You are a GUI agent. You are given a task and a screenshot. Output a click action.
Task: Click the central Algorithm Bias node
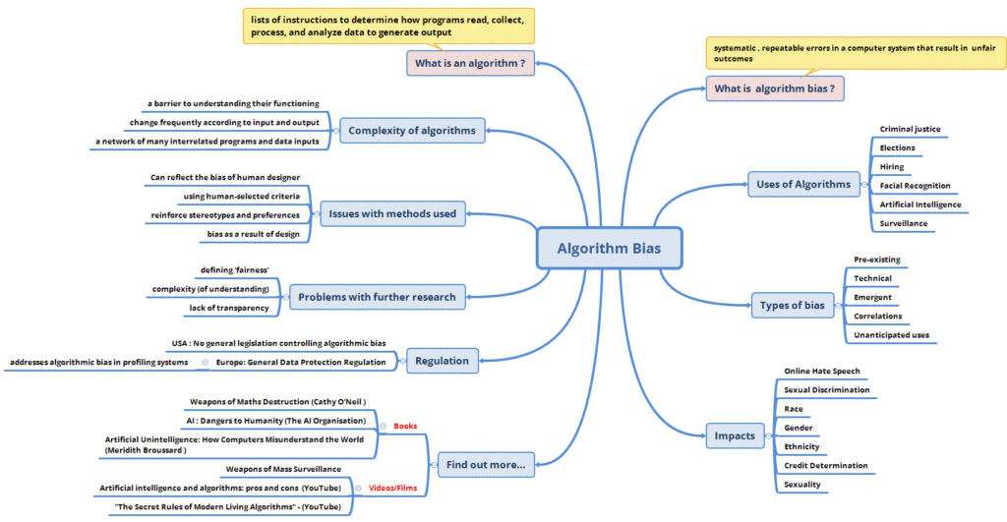pyautogui.click(x=610, y=249)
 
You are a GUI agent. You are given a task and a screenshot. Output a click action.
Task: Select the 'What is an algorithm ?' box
pyautogui.click(x=470, y=64)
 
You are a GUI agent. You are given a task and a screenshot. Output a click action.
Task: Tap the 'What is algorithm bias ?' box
pyautogui.click(x=775, y=88)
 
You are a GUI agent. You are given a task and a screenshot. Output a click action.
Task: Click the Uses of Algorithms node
pyautogui.click(x=803, y=184)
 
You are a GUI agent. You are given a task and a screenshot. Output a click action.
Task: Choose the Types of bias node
pyautogui.click(x=792, y=305)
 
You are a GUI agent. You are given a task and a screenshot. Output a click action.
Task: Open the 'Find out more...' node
pyautogui.click(x=486, y=464)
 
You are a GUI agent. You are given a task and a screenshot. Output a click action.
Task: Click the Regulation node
pyautogui.click(x=443, y=361)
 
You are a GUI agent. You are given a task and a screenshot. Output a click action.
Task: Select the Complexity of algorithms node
pyautogui.click(x=412, y=130)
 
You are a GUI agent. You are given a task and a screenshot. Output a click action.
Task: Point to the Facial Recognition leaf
pyautogui.click(x=915, y=186)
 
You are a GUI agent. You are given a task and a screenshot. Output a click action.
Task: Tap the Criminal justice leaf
pyautogui.click(x=910, y=129)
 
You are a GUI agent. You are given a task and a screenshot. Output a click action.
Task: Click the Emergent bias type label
pyautogui.click(x=873, y=297)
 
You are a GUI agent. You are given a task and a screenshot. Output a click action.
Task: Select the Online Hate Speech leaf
pyautogui.click(x=821, y=372)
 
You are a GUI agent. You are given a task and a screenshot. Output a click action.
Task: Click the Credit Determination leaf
pyautogui.click(x=825, y=465)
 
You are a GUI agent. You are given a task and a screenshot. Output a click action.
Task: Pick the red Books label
pyautogui.click(x=405, y=426)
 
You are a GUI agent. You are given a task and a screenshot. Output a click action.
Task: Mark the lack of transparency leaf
pyautogui.click(x=229, y=308)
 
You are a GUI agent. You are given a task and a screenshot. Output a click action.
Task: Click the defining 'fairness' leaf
pyautogui.click(x=234, y=270)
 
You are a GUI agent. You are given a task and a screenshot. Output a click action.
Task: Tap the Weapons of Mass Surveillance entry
pyautogui.click(x=284, y=469)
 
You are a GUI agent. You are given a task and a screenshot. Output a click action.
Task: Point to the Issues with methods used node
pyautogui.click(x=392, y=213)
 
